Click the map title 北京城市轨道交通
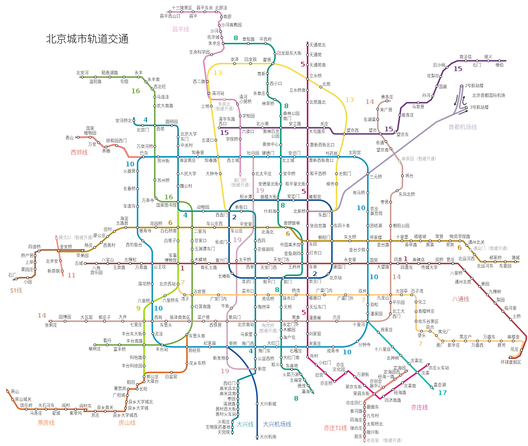pyautogui.click(x=87, y=39)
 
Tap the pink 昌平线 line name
pyautogui.click(x=180, y=29)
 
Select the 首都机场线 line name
pyautogui.click(x=463, y=127)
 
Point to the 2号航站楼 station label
pyautogui.click(x=474, y=85)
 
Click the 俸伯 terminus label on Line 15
pyautogui.click(x=499, y=65)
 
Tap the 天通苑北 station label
pyautogui.click(x=318, y=45)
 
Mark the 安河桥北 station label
pyautogui.click(x=124, y=121)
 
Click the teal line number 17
pyautogui.click(x=442, y=393)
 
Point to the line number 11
pyautogui.click(x=71, y=275)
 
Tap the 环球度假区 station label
pyautogui.click(x=510, y=362)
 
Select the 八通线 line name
pyautogui.click(x=460, y=299)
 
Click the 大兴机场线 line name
pyautogui.click(x=277, y=424)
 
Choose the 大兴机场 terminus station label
pyautogui.click(x=268, y=437)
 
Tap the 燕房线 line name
pyautogui.click(x=46, y=422)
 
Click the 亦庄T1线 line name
pyautogui.click(x=335, y=428)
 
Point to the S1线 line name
pyautogui.click(x=16, y=290)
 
